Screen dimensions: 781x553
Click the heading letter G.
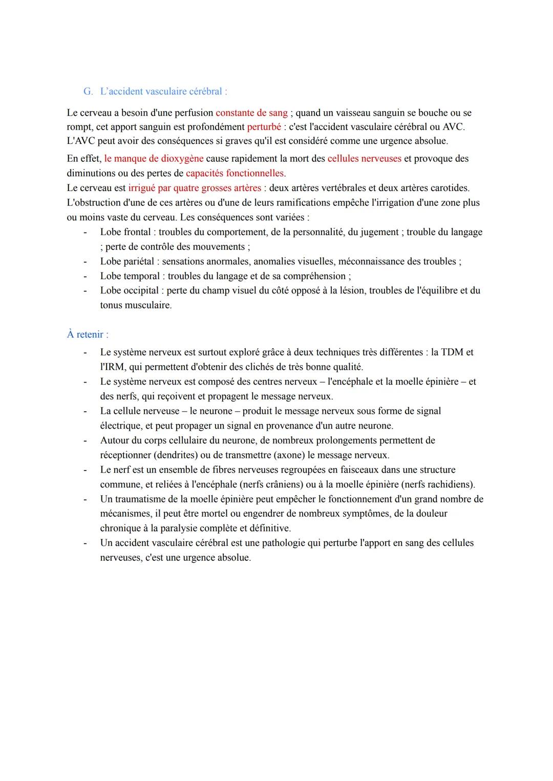[88, 92]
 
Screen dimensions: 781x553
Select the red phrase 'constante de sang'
[251, 113]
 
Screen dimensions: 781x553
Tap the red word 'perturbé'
[264, 126]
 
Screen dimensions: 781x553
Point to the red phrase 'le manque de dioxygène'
[154, 159]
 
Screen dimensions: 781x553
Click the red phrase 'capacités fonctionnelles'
[235, 173]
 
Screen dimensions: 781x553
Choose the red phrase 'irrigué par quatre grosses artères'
[195, 188]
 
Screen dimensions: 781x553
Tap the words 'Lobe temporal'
[130, 276]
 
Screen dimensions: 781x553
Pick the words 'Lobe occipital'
[130, 290]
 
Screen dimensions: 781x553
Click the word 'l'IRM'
[113, 367]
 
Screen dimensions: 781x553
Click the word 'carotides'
[449, 188]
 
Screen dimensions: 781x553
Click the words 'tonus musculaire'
[135, 305]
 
